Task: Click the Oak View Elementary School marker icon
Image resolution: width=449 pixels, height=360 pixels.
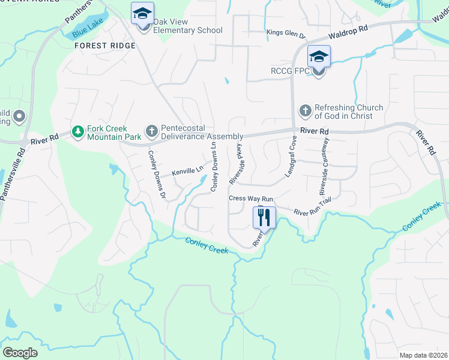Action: [143, 14]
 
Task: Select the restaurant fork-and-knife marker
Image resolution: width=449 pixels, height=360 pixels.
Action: [264, 217]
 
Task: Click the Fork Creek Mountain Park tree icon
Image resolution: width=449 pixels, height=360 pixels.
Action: [77, 131]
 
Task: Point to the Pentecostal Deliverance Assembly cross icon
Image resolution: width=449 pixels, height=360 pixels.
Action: [152, 130]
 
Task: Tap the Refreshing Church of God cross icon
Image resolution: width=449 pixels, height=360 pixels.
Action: [305, 111]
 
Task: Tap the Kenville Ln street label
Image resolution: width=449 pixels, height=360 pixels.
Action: [188, 172]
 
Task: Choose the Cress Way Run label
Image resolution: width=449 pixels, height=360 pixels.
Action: [251, 199]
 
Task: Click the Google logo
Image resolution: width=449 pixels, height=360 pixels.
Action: [20, 352]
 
